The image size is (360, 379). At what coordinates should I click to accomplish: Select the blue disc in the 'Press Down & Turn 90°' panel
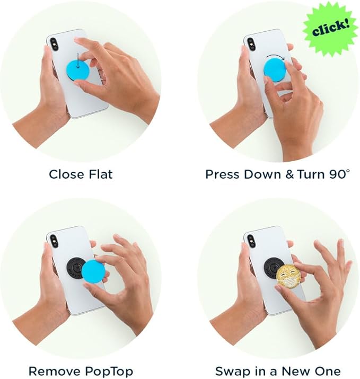point(276,69)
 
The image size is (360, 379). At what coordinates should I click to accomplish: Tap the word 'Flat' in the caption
point(101,174)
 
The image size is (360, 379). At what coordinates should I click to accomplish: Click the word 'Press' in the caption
point(222,174)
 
